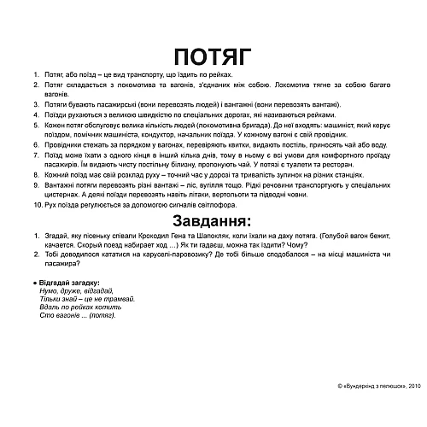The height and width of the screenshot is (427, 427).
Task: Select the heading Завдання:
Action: coord(212,224)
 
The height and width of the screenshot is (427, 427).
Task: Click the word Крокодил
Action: coord(151,241)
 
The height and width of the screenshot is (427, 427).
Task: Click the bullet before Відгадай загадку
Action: coord(33,283)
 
